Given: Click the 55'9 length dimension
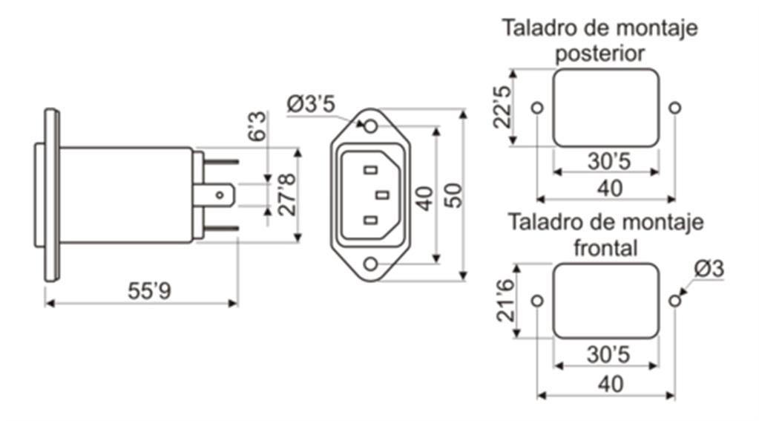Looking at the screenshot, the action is coord(150,291).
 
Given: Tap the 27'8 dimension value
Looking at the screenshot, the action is coord(286,194).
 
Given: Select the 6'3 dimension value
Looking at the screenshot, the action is coord(257,126).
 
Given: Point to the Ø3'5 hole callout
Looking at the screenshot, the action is coord(311,104).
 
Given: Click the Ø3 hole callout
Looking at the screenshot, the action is coord(709,268).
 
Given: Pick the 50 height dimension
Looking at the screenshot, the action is coord(453,195).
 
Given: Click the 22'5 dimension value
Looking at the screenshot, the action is coord(502,107).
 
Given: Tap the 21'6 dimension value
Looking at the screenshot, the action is coord(505,301).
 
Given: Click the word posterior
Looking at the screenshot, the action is coord(599,53).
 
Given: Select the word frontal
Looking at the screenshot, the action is coord(605,247).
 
